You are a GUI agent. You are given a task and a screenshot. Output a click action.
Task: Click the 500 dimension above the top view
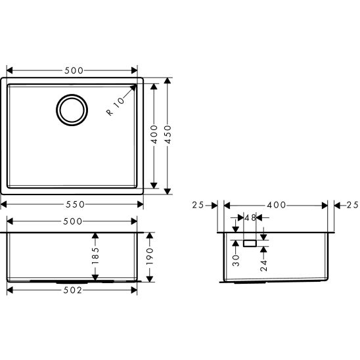pyautogui.click(x=73, y=70)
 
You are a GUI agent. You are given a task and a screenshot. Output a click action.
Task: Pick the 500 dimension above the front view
pyautogui.click(x=73, y=221)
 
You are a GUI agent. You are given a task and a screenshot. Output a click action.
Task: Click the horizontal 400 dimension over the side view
pyautogui.click(x=275, y=205)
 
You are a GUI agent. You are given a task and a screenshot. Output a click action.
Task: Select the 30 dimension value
pyautogui.click(x=235, y=260)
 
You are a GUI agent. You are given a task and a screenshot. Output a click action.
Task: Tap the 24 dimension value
pyautogui.click(x=263, y=265)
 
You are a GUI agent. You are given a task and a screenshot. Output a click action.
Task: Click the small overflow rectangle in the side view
pyautogui.click(x=249, y=243)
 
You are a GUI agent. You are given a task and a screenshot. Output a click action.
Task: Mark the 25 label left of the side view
pyautogui.click(x=198, y=205)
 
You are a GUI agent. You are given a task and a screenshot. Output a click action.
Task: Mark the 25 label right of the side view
pyautogui.click(x=351, y=205)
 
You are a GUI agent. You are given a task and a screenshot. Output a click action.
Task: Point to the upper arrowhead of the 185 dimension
pyautogui.click(x=96, y=235)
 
